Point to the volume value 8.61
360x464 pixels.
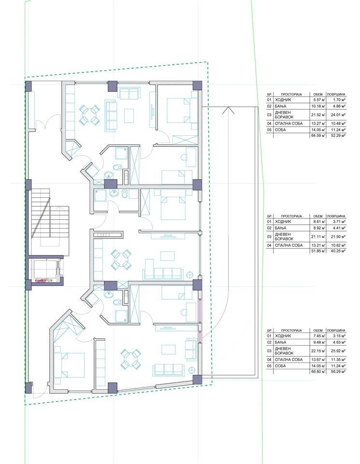319,222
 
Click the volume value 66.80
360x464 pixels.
318,371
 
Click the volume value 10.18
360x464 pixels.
318,106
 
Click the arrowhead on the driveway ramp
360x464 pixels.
228,110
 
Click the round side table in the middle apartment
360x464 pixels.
189,275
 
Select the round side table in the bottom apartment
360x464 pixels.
192,369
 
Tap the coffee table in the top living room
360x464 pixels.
129,116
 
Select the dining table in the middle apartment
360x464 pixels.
121,260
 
